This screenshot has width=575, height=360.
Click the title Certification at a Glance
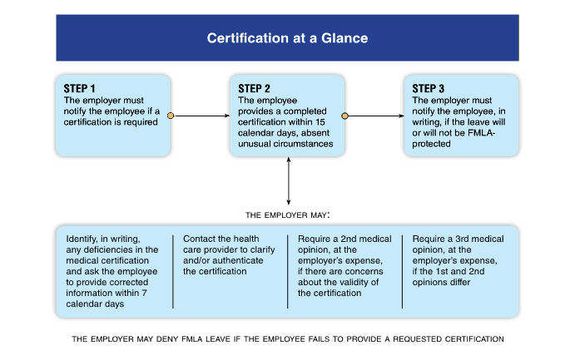pyautogui.click(x=287, y=38)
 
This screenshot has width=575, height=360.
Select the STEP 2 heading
pyautogui.click(x=255, y=89)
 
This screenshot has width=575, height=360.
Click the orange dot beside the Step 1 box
pyautogui.click(x=171, y=116)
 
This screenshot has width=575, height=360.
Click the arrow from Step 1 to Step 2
pyautogui.click(x=200, y=116)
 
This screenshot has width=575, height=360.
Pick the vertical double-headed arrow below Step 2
pyautogui.click(x=288, y=181)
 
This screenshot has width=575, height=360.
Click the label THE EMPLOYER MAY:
pyautogui.click(x=288, y=215)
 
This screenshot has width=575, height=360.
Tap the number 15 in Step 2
pyautogui.click(x=324, y=122)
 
